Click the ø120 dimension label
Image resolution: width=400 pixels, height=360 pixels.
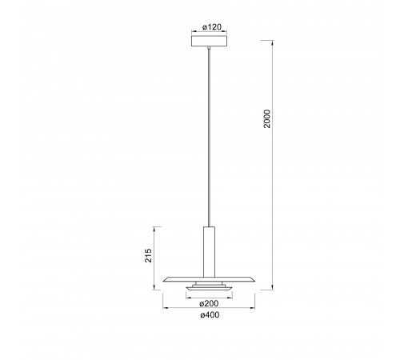pyautogui.click(x=212, y=27)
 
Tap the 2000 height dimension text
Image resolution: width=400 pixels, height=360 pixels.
pyautogui.click(x=267, y=118)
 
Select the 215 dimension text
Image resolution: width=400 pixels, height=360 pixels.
pyautogui.click(x=148, y=255)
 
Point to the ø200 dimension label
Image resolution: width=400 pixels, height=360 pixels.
pyautogui.click(x=209, y=303)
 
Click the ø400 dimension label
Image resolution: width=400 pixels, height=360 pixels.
pyautogui.click(x=210, y=315)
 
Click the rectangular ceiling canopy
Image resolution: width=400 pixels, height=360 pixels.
pyautogui.click(x=210, y=41)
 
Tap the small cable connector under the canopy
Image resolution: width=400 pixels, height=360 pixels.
pyautogui.click(x=209, y=48)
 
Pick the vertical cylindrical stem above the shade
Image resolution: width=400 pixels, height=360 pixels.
pyautogui.click(x=209, y=252)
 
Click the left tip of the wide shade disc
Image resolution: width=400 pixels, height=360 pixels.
pyautogui.click(x=163, y=281)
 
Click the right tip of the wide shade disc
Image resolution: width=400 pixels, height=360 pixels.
pyautogui.click(x=255, y=281)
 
